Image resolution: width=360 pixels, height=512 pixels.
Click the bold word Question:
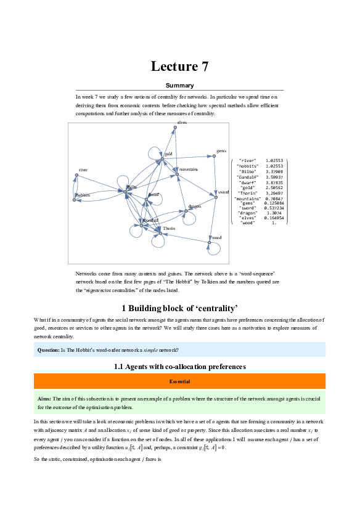[48, 350]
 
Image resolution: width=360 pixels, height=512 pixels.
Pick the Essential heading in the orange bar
[180, 381]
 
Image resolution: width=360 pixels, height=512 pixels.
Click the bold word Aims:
[44, 399]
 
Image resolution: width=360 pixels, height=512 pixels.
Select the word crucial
[313, 399]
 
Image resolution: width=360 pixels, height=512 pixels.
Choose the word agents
[289, 399]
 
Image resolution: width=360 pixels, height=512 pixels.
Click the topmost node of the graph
[175, 128]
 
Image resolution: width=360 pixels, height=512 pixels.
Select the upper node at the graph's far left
[76, 175]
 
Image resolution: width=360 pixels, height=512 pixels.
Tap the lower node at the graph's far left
[74, 200]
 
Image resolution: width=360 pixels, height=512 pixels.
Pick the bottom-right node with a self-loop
[209, 243]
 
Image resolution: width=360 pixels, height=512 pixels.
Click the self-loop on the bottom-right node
[215, 251]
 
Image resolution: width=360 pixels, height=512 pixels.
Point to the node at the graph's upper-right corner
[214, 156]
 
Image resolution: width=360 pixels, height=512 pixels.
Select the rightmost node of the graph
[216, 197]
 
